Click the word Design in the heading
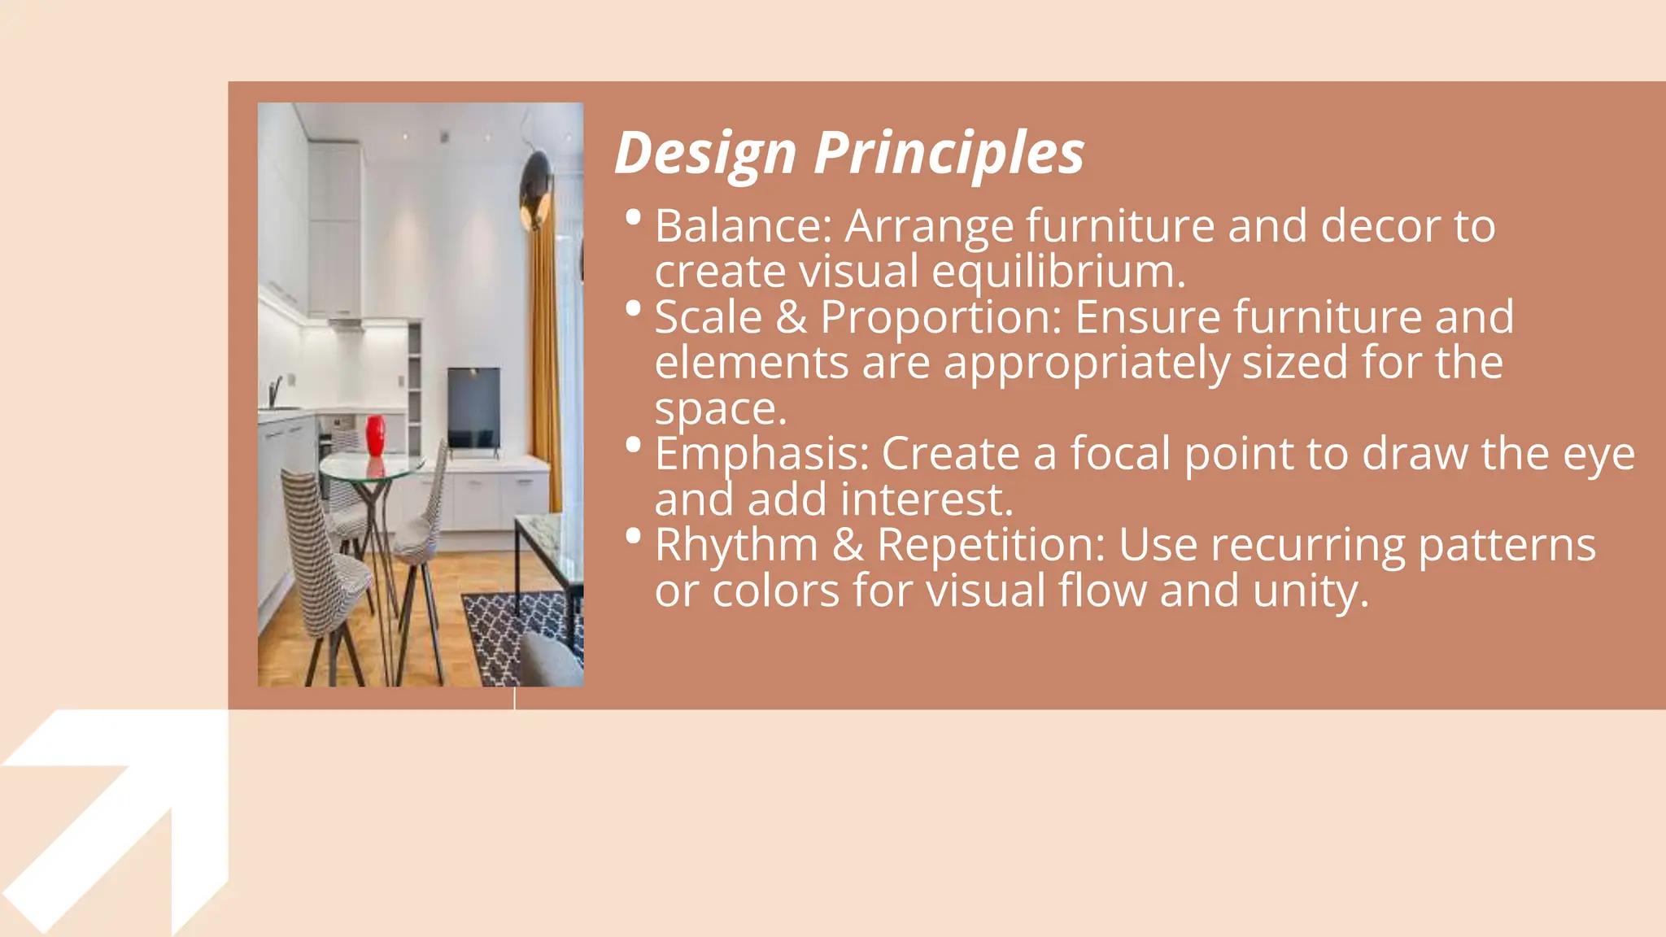pyautogui.click(x=704, y=153)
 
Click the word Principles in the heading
pyautogui.click(x=949, y=153)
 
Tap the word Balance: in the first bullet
pyautogui.click(x=744, y=226)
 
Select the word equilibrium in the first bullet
pyautogui.click(x=1058, y=272)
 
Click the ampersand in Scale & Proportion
pyautogui.click(x=791, y=317)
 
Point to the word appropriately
pyautogui.click(x=1086, y=363)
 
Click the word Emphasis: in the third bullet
pyautogui.click(x=761, y=454)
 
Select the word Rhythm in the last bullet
pyautogui.click(x=736, y=545)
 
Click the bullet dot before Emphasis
pyautogui.click(x=634, y=445)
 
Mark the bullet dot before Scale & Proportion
pyautogui.click(x=634, y=308)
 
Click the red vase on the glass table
pyautogui.click(x=375, y=436)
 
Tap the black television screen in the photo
pyautogui.click(x=473, y=406)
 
